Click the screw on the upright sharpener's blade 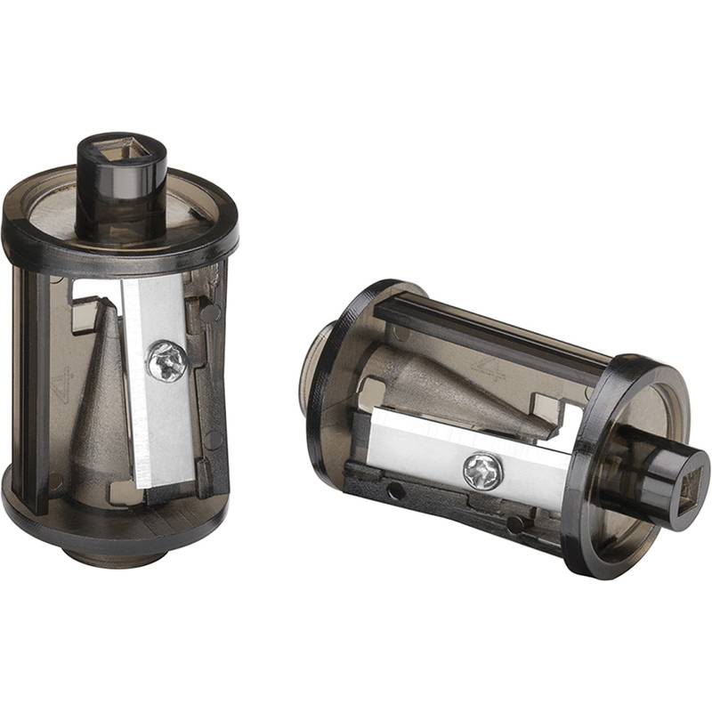[x=167, y=361]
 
